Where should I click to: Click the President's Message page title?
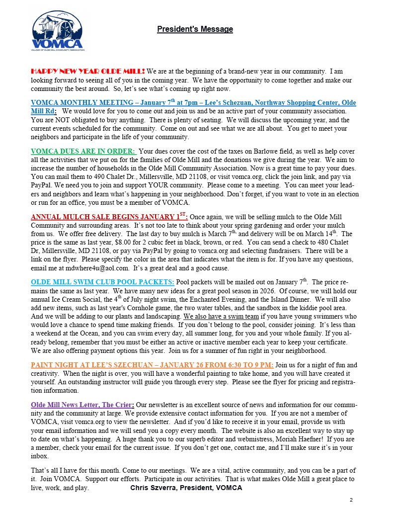pyautogui.click(x=195, y=29)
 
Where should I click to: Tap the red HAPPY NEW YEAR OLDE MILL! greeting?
pyautogui.click(x=88, y=71)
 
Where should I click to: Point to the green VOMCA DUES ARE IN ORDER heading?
pyautogui.click(x=83, y=151)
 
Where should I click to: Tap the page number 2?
pyautogui.click(x=351, y=500)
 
